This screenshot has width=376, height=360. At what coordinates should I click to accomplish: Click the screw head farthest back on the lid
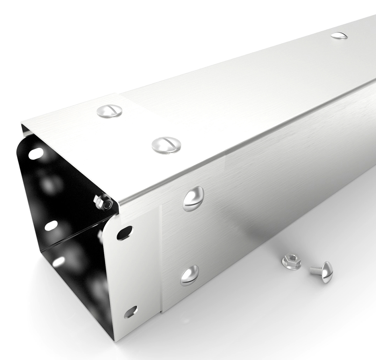click(x=339, y=35)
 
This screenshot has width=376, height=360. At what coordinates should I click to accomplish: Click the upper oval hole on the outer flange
click(x=123, y=233)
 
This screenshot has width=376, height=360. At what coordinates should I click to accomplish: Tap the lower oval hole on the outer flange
click(x=130, y=311)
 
